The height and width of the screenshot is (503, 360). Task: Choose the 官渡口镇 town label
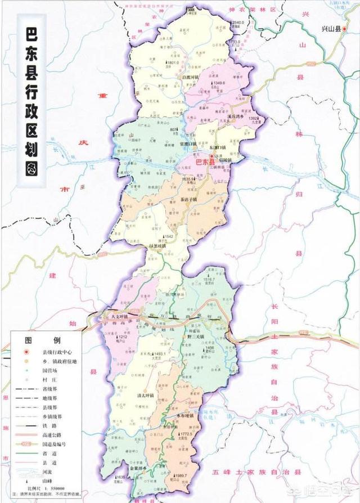[x=184, y=145]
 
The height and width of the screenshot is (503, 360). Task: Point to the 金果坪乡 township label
[x=139, y=468]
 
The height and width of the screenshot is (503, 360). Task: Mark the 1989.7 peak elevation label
[x=182, y=476]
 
